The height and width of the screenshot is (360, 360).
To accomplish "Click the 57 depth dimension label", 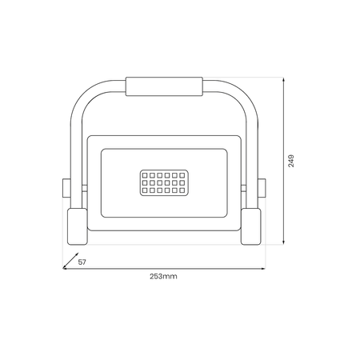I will coord(82,262).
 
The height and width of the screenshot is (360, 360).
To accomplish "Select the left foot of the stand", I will coord(76,226).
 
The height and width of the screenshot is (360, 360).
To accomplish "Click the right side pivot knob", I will coord(262,190).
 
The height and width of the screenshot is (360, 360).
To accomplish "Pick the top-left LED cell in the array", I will coord(145,174).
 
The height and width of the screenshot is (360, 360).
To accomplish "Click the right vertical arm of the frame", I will coord(253,152).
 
